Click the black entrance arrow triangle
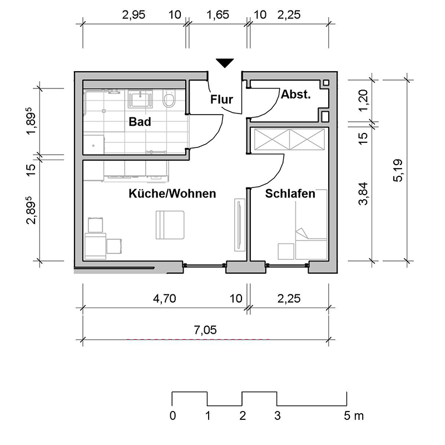click(x=225, y=63)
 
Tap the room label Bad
click(x=140, y=121)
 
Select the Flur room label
click(x=221, y=100)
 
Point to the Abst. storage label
click(x=295, y=95)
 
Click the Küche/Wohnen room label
click(x=172, y=194)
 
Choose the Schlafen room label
click(x=290, y=194)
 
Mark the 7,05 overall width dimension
click(x=205, y=330)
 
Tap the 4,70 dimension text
click(x=164, y=299)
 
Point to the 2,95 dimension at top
click(x=133, y=15)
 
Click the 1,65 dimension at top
click(x=217, y=15)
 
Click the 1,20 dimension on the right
click(x=363, y=101)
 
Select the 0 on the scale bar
click(x=173, y=416)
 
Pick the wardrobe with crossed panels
click(x=289, y=139)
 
